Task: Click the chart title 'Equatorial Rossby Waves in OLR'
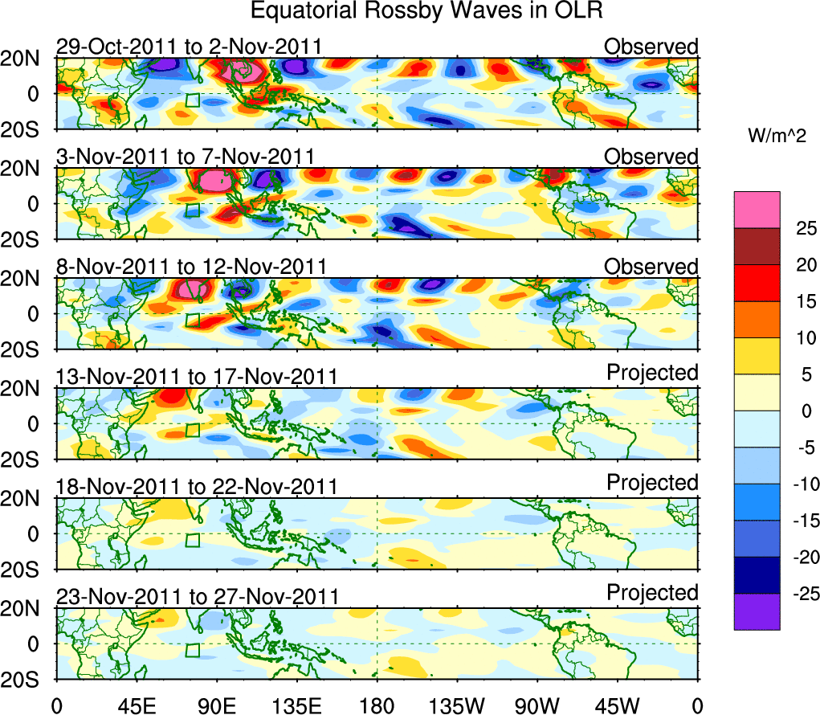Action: [426, 11]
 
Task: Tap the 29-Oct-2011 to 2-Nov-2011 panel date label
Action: [189, 47]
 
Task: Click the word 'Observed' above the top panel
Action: [651, 47]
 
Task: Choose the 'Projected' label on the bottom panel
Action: [652, 593]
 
